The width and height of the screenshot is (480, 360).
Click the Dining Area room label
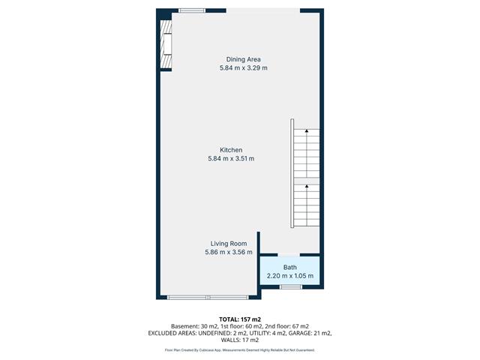tap(243, 59)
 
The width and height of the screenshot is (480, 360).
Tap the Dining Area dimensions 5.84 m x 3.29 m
tap(243, 68)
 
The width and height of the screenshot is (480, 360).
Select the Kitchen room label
tap(231, 150)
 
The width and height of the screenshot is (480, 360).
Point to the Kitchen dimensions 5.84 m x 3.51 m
tap(231, 158)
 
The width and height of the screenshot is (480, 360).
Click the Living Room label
tap(229, 244)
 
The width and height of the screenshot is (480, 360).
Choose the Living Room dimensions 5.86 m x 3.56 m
tap(229, 252)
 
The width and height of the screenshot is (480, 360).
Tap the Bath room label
tap(290, 267)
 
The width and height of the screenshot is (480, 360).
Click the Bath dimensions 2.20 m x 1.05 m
tap(290, 276)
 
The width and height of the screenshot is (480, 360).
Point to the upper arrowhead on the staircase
tap(307, 131)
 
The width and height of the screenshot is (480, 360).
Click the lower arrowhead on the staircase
tap(307, 186)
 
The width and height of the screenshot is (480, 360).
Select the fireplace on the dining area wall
tap(166, 45)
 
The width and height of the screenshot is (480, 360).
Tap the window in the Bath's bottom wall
tap(291, 286)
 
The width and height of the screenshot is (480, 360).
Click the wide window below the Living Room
tap(208, 297)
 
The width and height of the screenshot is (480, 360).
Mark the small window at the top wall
tap(192, 10)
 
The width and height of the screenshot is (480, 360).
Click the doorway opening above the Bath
tap(289, 255)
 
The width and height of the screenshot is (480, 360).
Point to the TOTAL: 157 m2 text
tap(240, 319)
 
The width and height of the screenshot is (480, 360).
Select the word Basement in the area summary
tap(184, 326)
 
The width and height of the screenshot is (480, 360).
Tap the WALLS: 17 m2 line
tap(240, 340)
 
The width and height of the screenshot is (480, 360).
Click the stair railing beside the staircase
tap(292, 173)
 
